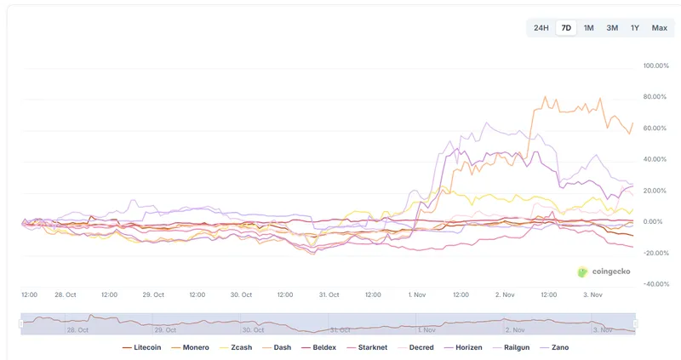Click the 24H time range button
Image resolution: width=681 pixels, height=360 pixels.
point(541,28)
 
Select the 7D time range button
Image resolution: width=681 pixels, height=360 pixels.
point(566,28)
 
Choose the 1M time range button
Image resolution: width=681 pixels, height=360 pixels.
point(589,28)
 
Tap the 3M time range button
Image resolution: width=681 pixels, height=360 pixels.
point(612,28)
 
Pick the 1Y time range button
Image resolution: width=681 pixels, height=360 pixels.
point(635,28)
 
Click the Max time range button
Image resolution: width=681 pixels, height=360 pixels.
point(660,28)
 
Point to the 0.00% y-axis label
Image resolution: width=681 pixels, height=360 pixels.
point(656,221)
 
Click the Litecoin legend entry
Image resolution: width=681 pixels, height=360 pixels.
point(142,347)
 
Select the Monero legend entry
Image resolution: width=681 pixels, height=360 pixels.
point(192,347)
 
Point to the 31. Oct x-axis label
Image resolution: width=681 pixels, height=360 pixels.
point(329,294)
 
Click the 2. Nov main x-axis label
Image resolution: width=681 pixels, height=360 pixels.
point(505,294)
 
